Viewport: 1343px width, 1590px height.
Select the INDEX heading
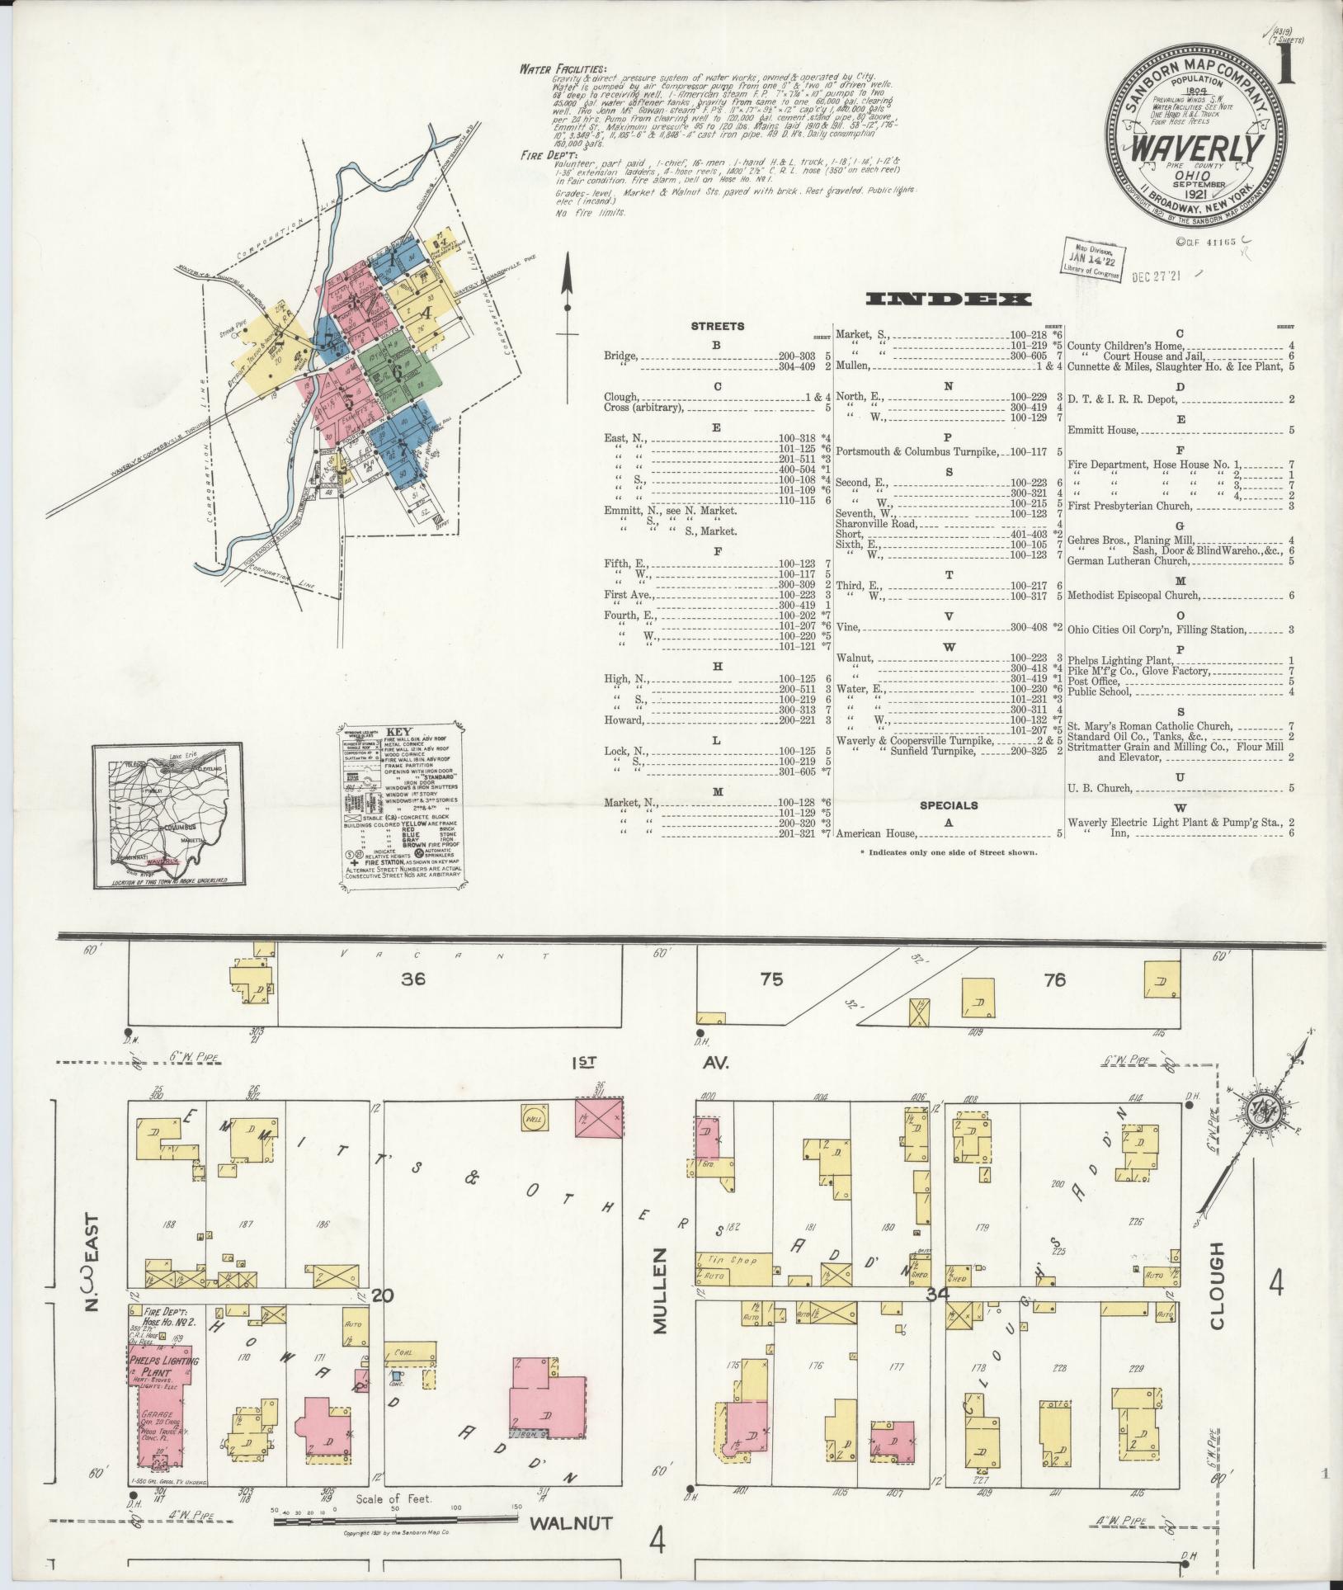(949, 299)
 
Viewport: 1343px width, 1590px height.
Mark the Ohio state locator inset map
(167, 814)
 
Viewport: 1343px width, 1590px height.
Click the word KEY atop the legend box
(398, 731)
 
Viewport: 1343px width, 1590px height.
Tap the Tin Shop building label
(722, 1283)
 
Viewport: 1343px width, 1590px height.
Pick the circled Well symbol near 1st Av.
(532, 1118)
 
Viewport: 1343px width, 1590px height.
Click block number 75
(772, 980)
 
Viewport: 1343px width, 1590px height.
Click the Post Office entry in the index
(1094, 682)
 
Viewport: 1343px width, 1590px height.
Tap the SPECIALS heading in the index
(949, 805)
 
